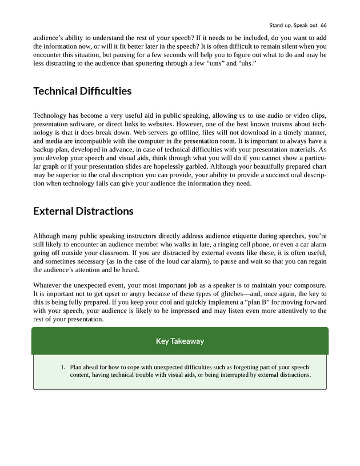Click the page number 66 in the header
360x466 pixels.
[323, 25]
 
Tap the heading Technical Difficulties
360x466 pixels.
[82, 91]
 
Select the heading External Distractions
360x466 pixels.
[83, 211]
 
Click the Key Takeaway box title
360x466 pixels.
[180, 341]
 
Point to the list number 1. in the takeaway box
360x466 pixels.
[64, 367]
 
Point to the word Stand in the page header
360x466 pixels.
[277, 25]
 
